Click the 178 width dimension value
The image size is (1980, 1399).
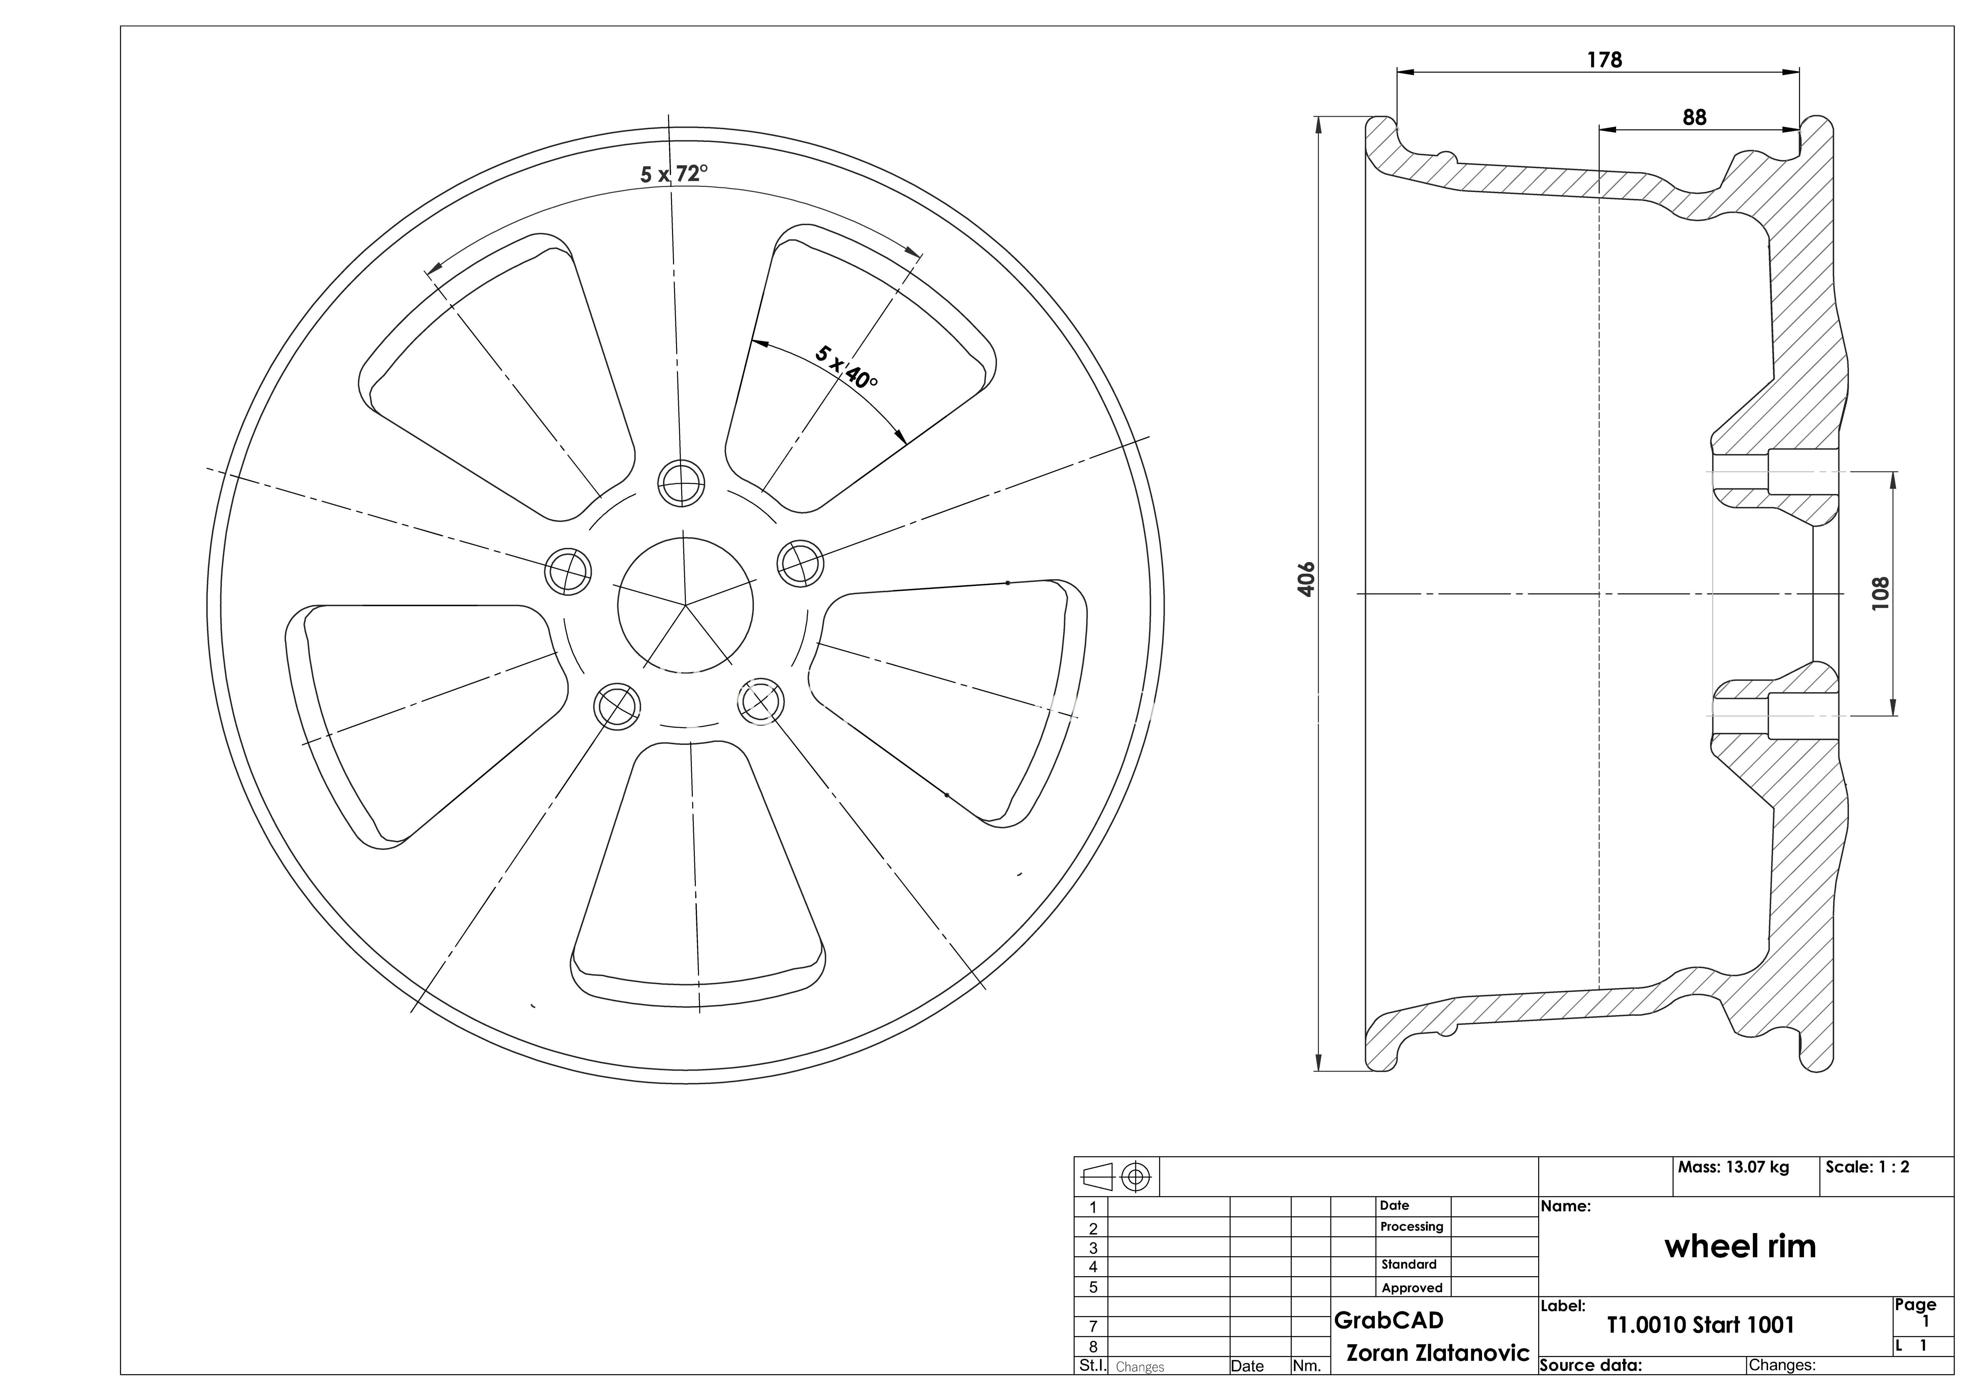[1604, 59]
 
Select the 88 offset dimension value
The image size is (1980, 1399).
[1694, 117]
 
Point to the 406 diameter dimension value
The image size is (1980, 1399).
[1306, 579]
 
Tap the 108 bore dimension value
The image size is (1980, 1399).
[1880, 594]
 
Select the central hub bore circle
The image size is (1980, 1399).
[686, 605]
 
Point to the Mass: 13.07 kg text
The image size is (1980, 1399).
[1733, 1167]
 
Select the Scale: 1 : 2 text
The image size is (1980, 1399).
[1867, 1167]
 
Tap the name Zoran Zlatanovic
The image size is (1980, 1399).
[1437, 1353]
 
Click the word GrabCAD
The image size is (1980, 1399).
[1389, 1320]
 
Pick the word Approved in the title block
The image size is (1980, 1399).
[1412, 1288]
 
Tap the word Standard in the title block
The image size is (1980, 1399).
[1409, 1265]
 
